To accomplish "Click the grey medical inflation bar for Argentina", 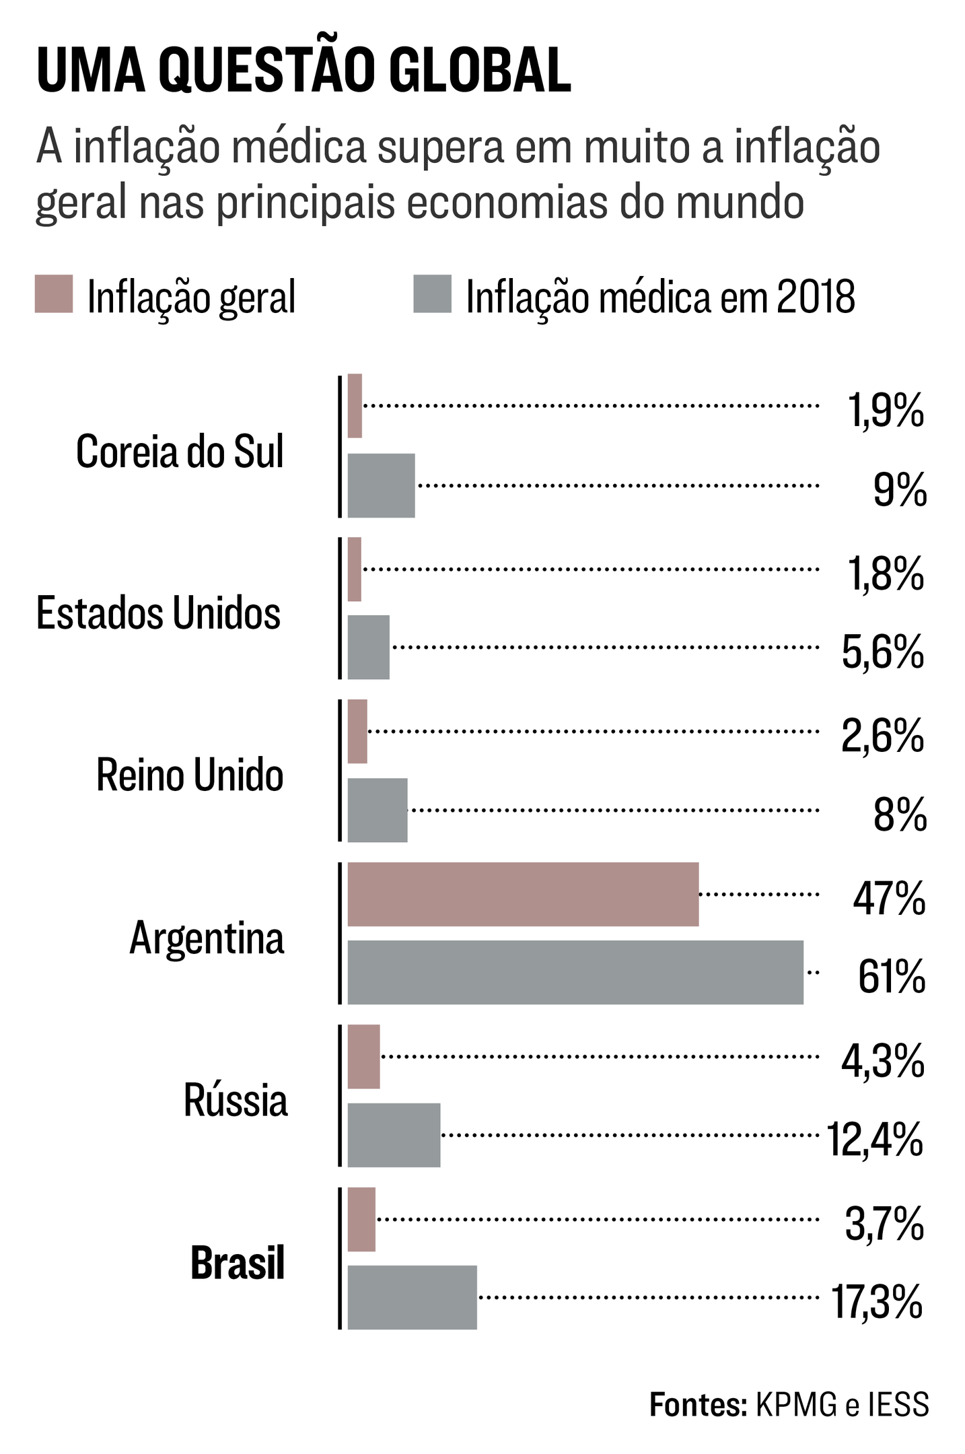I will [575, 972].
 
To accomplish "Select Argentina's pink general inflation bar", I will [523, 894].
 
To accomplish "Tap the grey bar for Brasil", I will [412, 1297].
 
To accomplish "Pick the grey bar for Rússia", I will [394, 1135].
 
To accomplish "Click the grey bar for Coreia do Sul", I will [381, 485].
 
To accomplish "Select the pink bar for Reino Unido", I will [357, 732].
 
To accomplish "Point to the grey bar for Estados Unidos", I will [368, 647].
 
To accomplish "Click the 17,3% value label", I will [877, 1302].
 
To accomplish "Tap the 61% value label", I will [891, 977].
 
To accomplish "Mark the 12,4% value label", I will [875, 1140].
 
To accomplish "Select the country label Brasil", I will [238, 1263].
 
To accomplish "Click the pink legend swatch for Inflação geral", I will [54, 294].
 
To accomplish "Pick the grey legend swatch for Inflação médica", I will [432, 294].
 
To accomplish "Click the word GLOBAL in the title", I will [480, 70].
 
